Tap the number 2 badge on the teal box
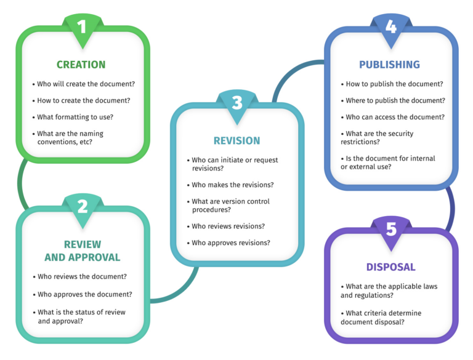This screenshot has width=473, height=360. point(82,206)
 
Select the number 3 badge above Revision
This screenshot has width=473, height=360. point(236,102)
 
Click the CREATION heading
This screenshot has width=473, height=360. point(81,65)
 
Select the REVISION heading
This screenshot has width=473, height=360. point(236,140)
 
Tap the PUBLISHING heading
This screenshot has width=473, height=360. point(389,65)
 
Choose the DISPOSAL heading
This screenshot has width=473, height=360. point(390,267)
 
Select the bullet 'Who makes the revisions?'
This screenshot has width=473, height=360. point(233,185)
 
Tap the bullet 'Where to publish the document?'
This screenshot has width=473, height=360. point(395,100)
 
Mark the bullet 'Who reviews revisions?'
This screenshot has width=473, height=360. point(228,226)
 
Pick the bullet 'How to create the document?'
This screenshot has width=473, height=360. point(84,100)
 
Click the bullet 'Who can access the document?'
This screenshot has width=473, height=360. point(395,117)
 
